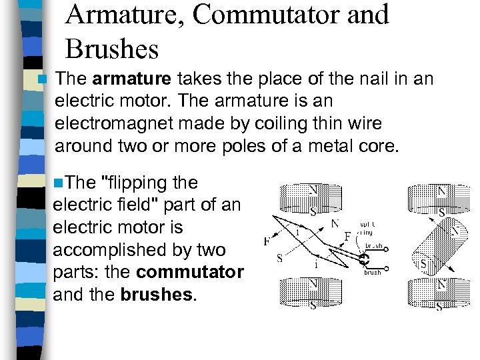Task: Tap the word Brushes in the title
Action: coord(112,49)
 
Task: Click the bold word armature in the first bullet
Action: coord(132,79)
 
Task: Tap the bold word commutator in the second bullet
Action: coord(190,272)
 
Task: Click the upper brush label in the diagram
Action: coord(373,245)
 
